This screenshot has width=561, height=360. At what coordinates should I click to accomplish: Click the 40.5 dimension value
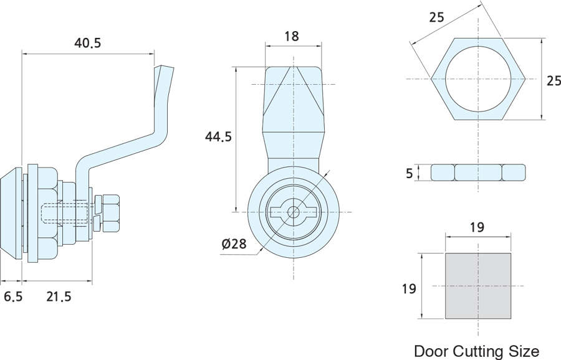(88, 43)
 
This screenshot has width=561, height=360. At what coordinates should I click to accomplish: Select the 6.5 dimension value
(13, 296)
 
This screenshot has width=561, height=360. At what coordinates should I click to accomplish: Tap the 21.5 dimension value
(59, 296)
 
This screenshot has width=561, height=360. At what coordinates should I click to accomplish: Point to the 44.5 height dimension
(218, 136)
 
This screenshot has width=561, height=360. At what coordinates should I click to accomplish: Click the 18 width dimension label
(292, 36)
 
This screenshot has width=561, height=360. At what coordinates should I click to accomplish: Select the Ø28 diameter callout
(234, 244)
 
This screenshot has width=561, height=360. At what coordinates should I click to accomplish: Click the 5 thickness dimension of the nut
(410, 173)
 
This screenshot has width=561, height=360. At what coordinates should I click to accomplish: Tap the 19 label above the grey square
(477, 227)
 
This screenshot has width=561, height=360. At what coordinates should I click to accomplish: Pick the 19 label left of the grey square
(409, 288)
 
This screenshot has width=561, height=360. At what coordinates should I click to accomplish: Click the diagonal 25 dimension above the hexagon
(436, 17)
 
